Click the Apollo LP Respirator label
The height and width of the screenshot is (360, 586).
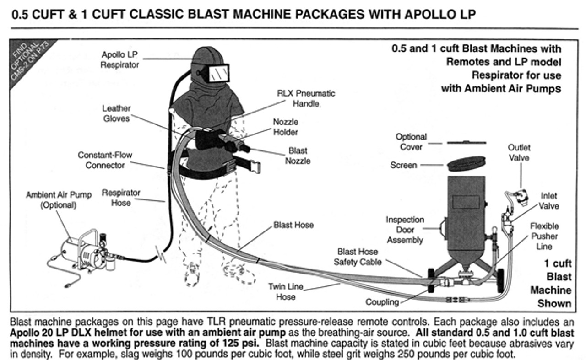[x=120, y=60]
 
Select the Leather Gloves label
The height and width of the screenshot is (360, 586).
[x=116, y=113]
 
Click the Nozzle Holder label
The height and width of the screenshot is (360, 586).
[x=286, y=127]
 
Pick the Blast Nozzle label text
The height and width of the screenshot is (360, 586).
[x=298, y=156]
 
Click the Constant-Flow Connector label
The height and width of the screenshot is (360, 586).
[x=105, y=160]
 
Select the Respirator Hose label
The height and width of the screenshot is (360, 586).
[x=121, y=198]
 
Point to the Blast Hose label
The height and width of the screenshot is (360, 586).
[x=293, y=225]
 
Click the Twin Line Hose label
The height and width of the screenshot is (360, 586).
[x=285, y=292]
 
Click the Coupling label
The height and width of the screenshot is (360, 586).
[x=382, y=302]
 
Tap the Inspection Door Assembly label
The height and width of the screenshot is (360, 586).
[x=405, y=230]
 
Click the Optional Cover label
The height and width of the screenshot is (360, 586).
[x=411, y=142]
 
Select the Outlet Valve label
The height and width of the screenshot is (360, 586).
[x=519, y=152]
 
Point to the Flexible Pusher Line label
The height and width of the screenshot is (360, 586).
[x=544, y=236]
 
